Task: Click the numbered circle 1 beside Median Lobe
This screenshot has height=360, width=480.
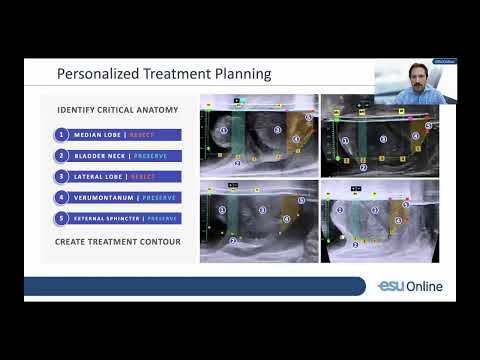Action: tap(63, 134)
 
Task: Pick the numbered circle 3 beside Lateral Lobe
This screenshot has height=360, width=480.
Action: tap(63, 176)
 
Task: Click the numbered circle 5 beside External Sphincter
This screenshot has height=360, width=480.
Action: tap(63, 218)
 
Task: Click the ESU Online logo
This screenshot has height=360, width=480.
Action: tap(410, 287)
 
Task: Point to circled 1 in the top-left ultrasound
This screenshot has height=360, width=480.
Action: tap(224, 129)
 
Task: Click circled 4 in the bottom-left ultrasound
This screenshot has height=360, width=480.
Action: tap(287, 218)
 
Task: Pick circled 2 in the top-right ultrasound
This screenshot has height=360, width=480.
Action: tap(364, 168)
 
